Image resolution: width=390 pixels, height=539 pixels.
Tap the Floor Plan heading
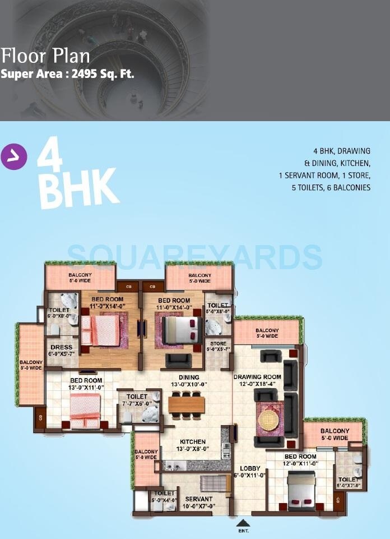point(45,57)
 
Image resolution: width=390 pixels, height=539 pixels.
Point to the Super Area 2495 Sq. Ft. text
point(67,73)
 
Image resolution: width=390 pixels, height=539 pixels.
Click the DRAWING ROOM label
point(257,377)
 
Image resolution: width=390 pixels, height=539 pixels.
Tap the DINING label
point(189,377)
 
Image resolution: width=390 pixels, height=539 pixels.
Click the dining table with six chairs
point(187,403)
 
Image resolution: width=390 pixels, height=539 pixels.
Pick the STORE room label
point(218,344)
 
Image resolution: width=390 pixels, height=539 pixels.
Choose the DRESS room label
point(59,347)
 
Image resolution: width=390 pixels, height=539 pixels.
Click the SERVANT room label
point(199,499)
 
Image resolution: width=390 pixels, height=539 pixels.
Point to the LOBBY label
point(248,468)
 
